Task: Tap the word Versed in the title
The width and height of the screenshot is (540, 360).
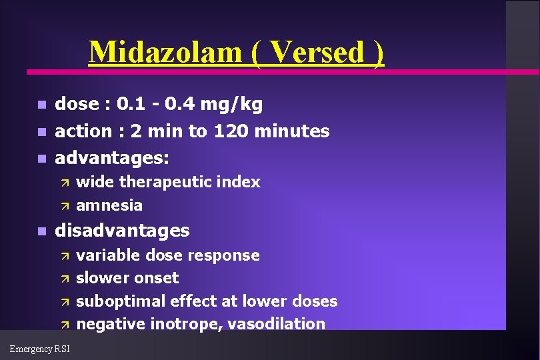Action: pyautogui.click(x=317, y=51)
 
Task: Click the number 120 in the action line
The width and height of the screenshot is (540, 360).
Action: pyautogui.click(x=228, y=131)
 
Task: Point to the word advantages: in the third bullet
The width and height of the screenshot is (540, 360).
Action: pyautogui.click(x=112, y=158)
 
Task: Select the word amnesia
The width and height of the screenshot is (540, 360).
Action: pyautogui.click(x=109, y=205)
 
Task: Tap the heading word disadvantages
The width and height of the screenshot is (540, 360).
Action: pyautogui.click(x=122, y=231)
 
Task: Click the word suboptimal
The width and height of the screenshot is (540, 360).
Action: pyautogui.click(x=117, y=301)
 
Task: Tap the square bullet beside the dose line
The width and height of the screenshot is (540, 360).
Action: pyautogui.click(x=41, y=105)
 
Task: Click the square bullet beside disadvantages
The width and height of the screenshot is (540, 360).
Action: pyautogui.click(x=41, y=232)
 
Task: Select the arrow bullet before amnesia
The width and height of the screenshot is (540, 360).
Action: pyautogui.click(x=65, y=205)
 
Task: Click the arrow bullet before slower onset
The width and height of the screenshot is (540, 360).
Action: pyautogui.click(x=65, y=279)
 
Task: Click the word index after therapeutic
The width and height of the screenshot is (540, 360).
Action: pyautogui.click(x=241, y=182)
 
